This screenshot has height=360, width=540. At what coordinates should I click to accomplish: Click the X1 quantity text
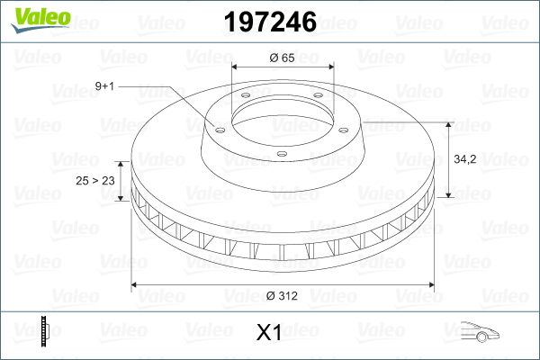click(270, 333)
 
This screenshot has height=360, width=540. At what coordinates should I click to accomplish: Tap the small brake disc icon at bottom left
click(42, 330)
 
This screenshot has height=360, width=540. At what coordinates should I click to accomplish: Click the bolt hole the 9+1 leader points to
click(218, 125)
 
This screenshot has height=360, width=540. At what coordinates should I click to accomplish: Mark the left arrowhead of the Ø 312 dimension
click(137, 285)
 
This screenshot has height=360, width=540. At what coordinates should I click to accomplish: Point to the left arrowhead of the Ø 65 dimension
click(236, 67)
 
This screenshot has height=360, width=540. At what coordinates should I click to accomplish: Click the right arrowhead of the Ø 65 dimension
click(332, 67)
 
